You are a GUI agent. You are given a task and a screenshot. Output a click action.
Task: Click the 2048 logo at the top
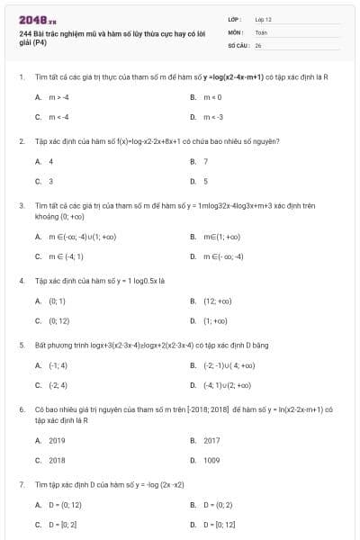(x=37, y=19)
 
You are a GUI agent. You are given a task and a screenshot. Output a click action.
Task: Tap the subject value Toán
(x=261, y=31)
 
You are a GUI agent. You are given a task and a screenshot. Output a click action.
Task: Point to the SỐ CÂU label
(x=237, y=43)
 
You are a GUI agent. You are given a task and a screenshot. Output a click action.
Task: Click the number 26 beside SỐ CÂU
(x=258, y=43)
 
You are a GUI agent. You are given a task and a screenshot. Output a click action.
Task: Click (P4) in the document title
(x=40, y=42)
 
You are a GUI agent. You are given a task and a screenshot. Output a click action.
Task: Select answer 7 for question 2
(x=206, y=161)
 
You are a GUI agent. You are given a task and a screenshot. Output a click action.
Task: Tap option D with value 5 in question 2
(x=206, y=181)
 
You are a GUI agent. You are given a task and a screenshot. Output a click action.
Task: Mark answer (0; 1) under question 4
(x=57, y=301)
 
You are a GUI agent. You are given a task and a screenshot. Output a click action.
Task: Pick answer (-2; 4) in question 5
(x=58, y=385)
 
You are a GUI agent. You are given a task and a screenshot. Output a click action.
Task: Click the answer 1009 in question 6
(x=211, y=460)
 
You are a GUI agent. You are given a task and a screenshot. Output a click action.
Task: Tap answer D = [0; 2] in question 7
(x=62, y=524)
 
